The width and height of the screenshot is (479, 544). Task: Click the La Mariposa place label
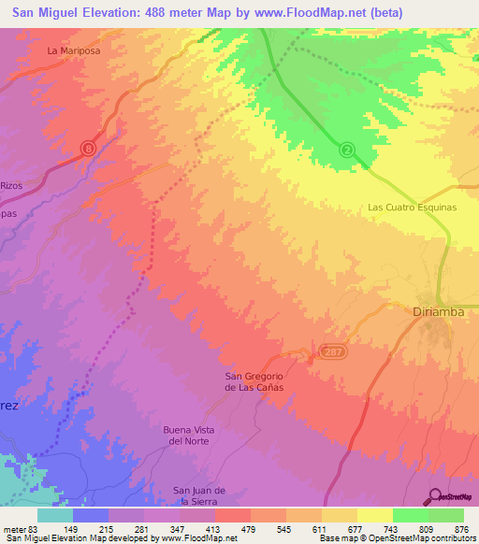(x=74, y=50)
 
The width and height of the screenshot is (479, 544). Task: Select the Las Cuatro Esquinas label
(x=413, y=208)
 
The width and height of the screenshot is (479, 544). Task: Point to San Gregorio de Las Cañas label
(x=254, y=381)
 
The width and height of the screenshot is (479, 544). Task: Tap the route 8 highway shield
(x=88, y=148)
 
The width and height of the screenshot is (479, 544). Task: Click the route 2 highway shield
(x=347, y=150)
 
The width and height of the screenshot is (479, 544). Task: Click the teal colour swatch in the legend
(x=55, y=515)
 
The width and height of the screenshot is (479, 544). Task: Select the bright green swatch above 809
(x=411, y=515)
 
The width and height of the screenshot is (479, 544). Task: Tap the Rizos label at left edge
(x=10, y=185)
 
